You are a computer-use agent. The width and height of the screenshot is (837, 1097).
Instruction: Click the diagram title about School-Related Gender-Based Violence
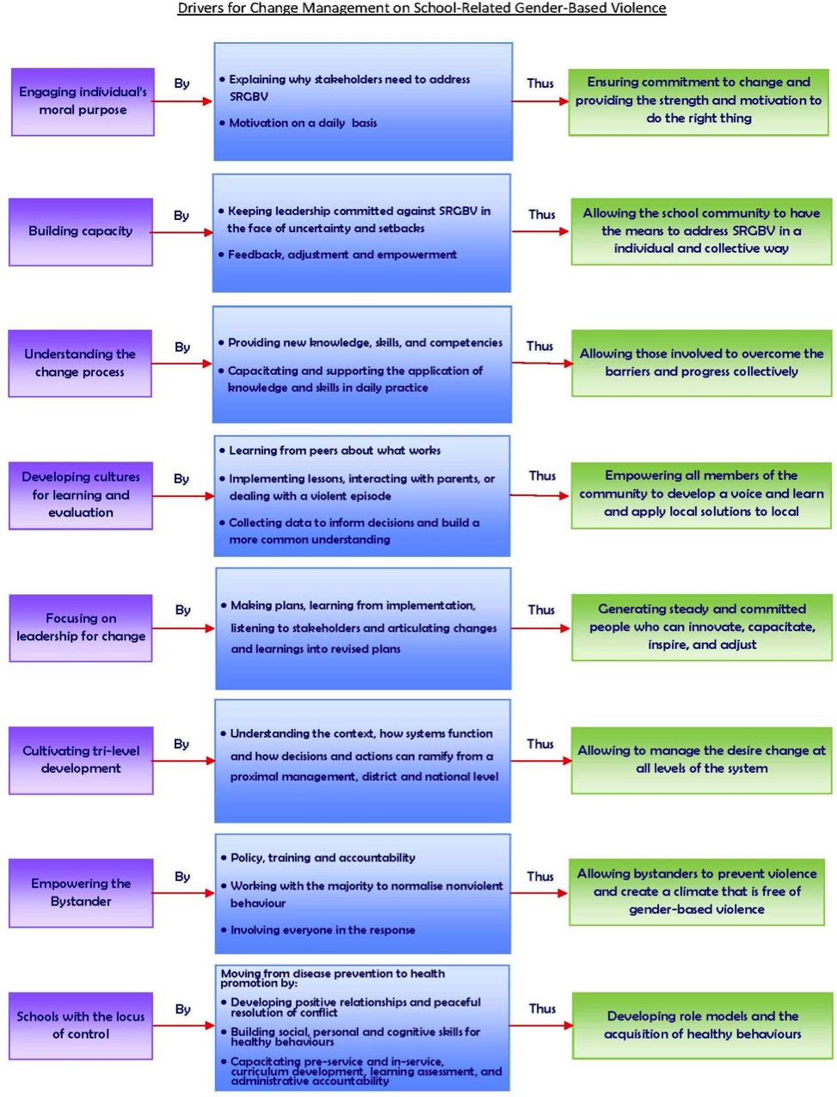click(x=422, y=9)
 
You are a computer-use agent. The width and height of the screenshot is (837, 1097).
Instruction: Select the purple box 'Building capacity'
click(x=81, y=232)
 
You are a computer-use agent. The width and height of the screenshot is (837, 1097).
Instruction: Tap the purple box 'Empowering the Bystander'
click(x=81, y=892)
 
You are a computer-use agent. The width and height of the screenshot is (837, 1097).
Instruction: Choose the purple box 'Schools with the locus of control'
click(x=81, y=1026)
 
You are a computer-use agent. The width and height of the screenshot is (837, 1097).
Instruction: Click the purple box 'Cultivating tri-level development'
click(x=81, y=760)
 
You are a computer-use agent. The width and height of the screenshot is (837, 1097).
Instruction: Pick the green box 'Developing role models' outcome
click(x=702, y=1025)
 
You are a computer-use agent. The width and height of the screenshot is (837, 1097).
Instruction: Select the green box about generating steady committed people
click(x=702, y=628)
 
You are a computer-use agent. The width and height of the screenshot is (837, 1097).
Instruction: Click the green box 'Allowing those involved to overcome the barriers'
click(x=701, y=363)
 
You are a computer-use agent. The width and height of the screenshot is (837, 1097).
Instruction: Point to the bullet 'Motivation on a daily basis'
click(x=298, y=123)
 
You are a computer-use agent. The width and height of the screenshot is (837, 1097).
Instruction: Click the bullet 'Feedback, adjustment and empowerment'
click(x=337, y=254)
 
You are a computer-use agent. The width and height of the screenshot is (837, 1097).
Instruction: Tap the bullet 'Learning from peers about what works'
click(x=330, y=450)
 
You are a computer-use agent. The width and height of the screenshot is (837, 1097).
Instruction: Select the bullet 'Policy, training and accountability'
click(x=318, y=858)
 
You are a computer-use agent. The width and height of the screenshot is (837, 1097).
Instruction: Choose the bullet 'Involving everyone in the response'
click(x=318, y=930)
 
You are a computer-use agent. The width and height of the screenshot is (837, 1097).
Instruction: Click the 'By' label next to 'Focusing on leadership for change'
click(x=182, y=610)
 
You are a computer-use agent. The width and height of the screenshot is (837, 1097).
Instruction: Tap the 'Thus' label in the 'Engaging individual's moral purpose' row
click(x=540, y=83)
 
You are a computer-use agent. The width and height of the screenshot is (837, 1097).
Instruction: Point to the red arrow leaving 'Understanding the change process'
click(x=182, y=364)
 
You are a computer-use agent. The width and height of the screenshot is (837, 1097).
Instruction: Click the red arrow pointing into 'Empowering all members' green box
click(x=540, y=496)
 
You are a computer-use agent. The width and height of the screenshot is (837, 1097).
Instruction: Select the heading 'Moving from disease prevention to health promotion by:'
click(x=333, y=978)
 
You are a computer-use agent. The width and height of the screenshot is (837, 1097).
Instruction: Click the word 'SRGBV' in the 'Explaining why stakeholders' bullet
click(x=249, y=96)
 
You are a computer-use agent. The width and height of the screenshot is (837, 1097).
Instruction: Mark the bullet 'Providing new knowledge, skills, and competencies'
click(x=360, y=343)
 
